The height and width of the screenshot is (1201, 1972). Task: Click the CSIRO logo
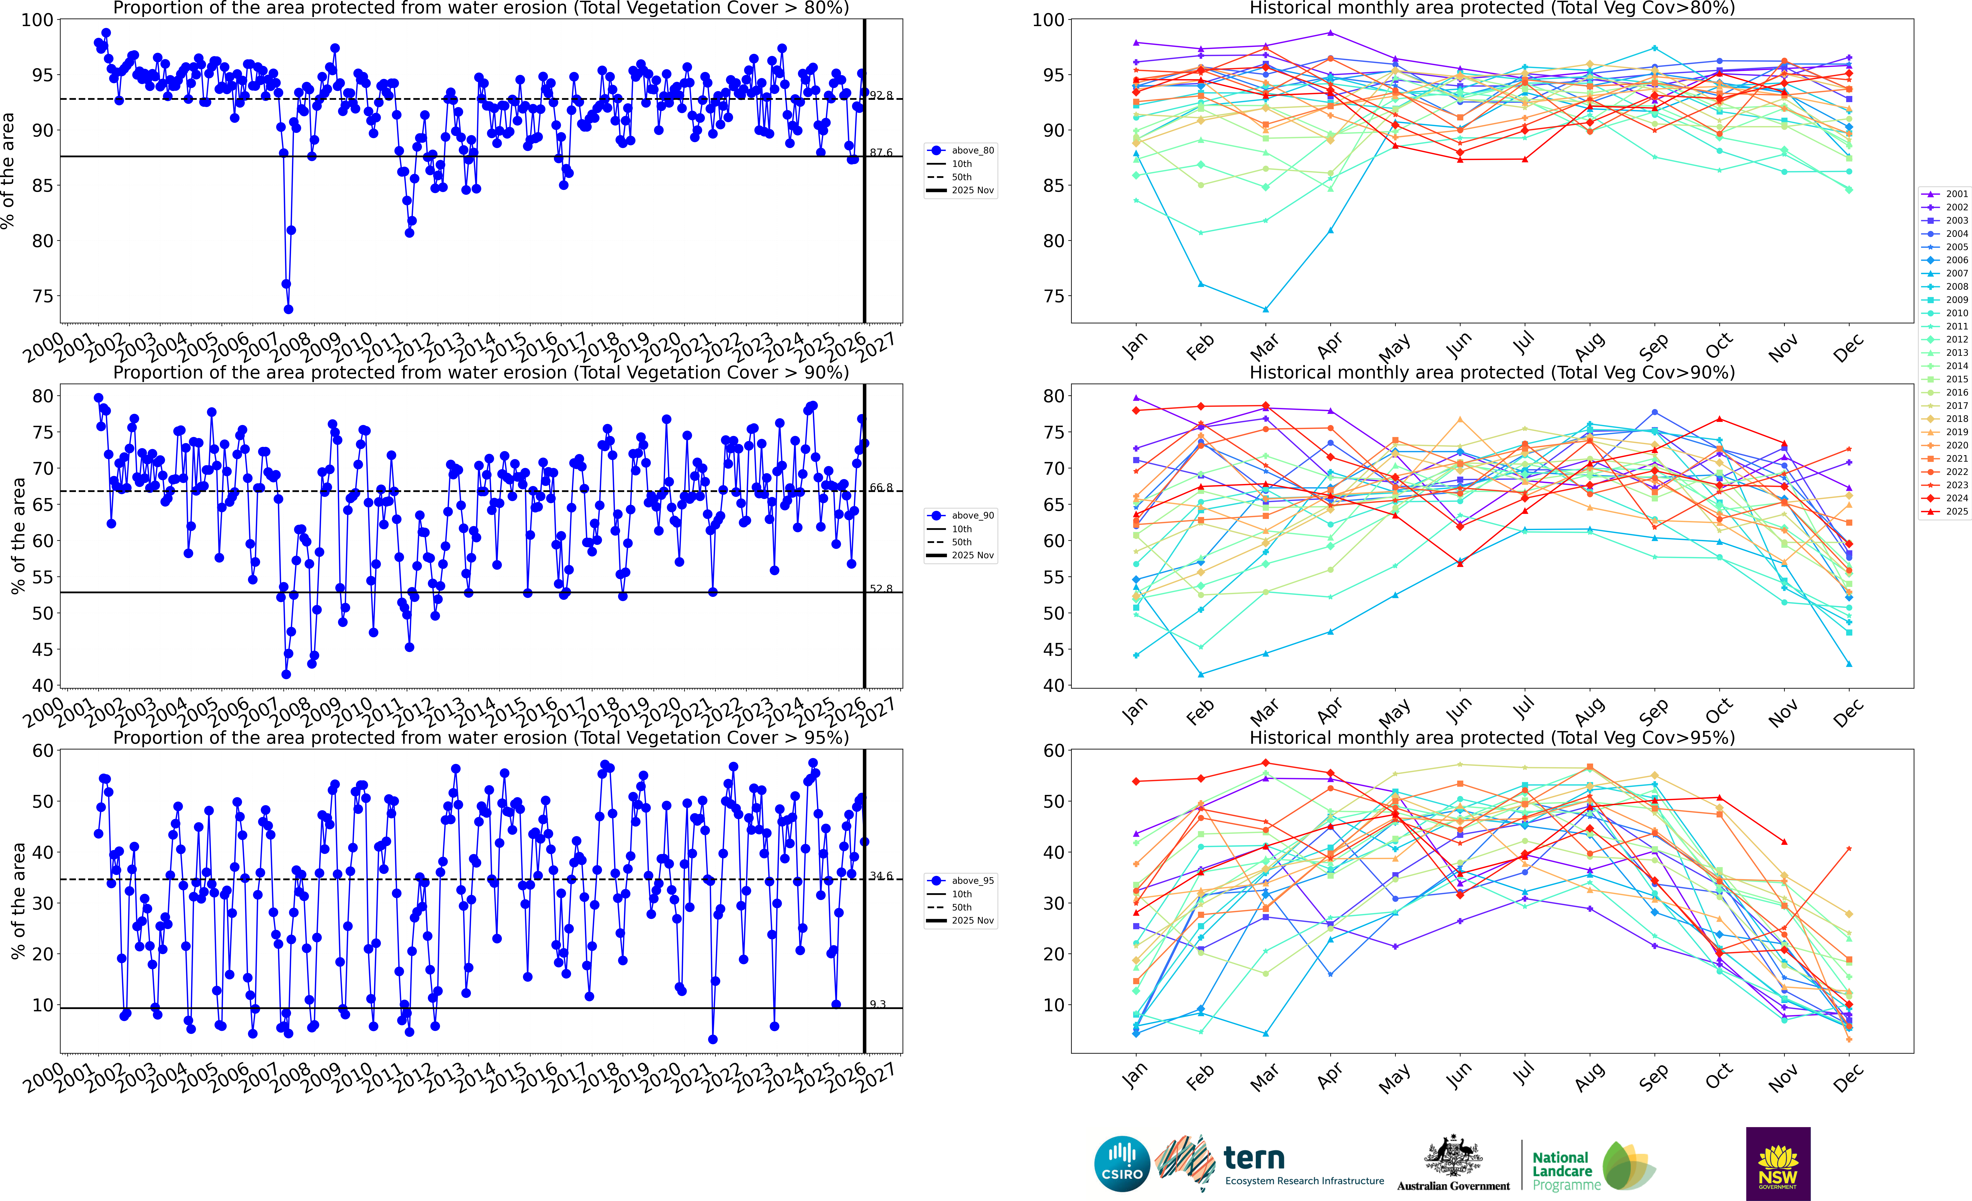(x=1122, y=1163)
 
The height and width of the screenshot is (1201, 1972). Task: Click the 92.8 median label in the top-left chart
(x=881, y=95)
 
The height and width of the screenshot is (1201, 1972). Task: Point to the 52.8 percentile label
(x=881, y=588)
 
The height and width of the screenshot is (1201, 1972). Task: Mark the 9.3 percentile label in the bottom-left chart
(x=878, y=1004)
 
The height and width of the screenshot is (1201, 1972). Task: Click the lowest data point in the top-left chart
(x=288, y=309)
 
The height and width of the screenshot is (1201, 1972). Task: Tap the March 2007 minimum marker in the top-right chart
(x=1265, y=309)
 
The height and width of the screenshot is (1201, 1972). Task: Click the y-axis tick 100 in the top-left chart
(x=38, y=20)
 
